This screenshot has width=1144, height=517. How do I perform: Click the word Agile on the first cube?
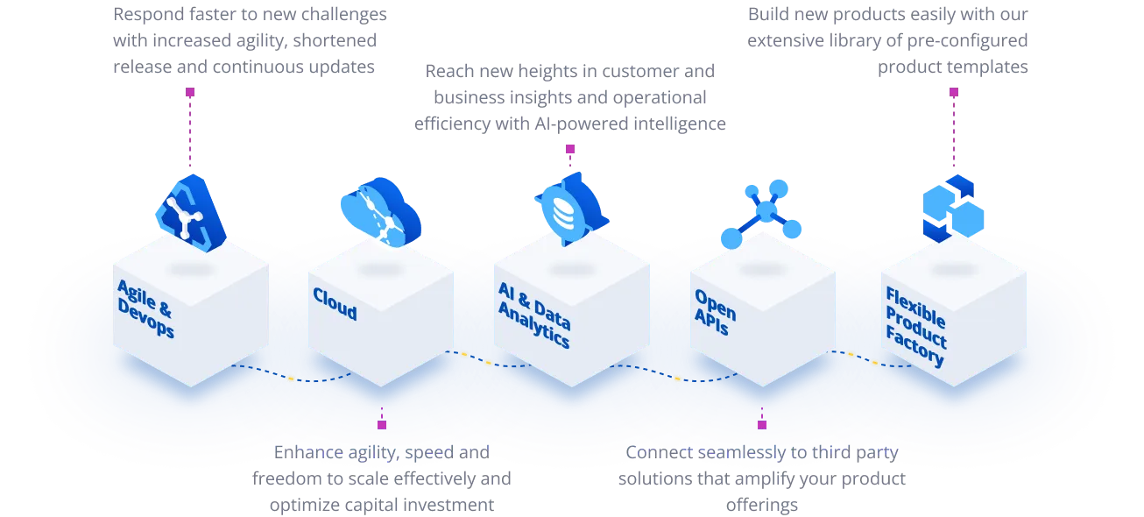[x=136, y=295]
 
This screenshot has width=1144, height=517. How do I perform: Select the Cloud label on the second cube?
[x=335, y=305]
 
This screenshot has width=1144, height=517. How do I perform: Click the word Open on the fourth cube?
[x=715, y=302]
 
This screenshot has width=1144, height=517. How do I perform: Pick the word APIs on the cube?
[x=713, y=322]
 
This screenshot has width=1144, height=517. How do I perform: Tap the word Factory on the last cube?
[x=914, y=349]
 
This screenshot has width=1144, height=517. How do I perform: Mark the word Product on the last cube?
[x=915, y=328]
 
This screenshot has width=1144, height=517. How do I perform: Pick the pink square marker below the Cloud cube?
[x=382, y=424]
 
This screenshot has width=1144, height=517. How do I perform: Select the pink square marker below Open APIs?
[x=762, y=424]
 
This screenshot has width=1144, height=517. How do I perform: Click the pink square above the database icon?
[x=569, y=149]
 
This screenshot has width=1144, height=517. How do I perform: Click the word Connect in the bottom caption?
[x=658, y=453]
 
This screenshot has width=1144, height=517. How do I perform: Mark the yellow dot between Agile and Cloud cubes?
[x=290, y=379]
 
